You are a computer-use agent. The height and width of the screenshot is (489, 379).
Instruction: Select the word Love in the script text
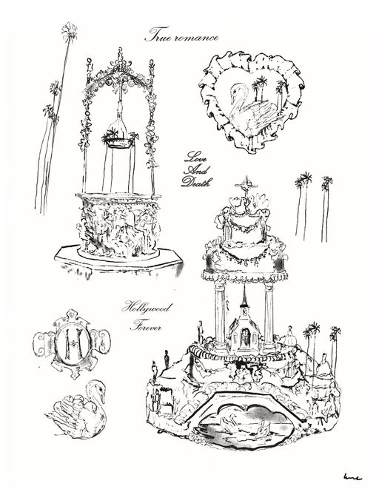[x=195, y=157]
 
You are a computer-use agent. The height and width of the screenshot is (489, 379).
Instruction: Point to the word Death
[x=197, y=181]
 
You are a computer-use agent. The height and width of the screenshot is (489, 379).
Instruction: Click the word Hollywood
[x=146, y=308]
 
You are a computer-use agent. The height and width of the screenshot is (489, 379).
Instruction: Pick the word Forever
[x=146, y=327]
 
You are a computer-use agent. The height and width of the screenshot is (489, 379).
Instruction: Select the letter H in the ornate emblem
[x=73, y=344]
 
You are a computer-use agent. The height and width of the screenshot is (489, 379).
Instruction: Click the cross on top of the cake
[x=246, y=185]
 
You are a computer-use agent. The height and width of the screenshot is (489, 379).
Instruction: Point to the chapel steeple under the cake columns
[x=244, y=296]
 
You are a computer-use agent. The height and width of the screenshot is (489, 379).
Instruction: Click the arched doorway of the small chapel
[x=244, y=338]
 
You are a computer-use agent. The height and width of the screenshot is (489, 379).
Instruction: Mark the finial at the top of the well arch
[x=120, y=57]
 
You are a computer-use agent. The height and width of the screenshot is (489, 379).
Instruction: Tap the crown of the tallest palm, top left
[x=69, y=32]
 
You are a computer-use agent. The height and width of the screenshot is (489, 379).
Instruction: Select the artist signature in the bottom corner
[x=352, y=476]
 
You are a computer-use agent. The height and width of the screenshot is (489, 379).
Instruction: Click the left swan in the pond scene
[x=230, y=423]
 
